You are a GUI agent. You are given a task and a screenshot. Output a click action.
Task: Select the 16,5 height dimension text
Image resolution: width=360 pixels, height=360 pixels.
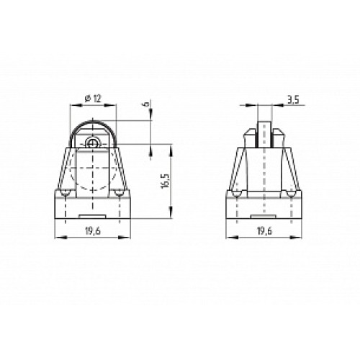[x=165, y=180]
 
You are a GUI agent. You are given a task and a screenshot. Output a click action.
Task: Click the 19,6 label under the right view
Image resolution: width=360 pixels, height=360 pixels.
[x=264, y=230]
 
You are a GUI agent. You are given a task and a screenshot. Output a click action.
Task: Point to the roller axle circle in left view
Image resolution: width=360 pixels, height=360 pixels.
[x=92, y=143]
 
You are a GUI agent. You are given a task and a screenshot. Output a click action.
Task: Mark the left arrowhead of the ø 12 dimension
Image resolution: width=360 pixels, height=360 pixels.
[x=72, y=106]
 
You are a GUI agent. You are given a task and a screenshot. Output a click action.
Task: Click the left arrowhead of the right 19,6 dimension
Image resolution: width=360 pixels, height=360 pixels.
[x=230, y=238]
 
